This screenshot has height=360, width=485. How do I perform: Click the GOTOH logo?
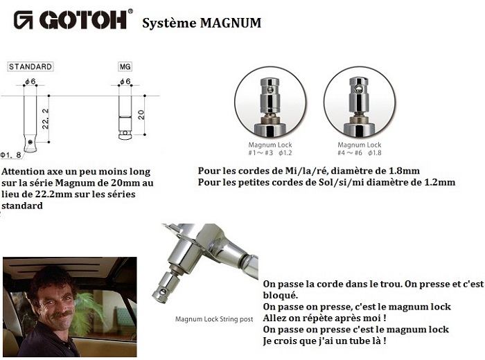coord(73,20)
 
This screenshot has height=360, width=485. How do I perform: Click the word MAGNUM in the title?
coord(231,23)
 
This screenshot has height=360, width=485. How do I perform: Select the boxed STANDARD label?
coord(30,66)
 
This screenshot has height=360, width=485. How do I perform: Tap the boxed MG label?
coord(125,66)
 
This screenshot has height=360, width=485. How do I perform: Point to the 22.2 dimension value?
coord(45,119)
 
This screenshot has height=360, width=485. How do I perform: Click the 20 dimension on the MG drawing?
coord(141,115)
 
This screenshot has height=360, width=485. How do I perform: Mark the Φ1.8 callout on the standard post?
coord(11,155)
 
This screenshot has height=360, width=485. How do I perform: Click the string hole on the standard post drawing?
coord(30,142)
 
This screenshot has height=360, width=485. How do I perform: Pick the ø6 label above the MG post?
coord(125,82)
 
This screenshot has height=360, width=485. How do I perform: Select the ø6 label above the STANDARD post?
coord(30,82)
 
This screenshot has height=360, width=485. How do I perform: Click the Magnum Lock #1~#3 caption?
coord(270,149)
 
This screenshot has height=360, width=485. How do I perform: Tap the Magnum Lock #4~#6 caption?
coord(360,149)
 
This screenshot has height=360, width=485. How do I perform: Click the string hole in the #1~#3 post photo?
coord(270,89)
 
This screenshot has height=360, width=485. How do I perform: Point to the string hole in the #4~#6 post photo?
coord(358,89)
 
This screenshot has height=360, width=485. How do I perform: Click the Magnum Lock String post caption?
coord(214,319)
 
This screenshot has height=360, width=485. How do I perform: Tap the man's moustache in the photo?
coord(62,314)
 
